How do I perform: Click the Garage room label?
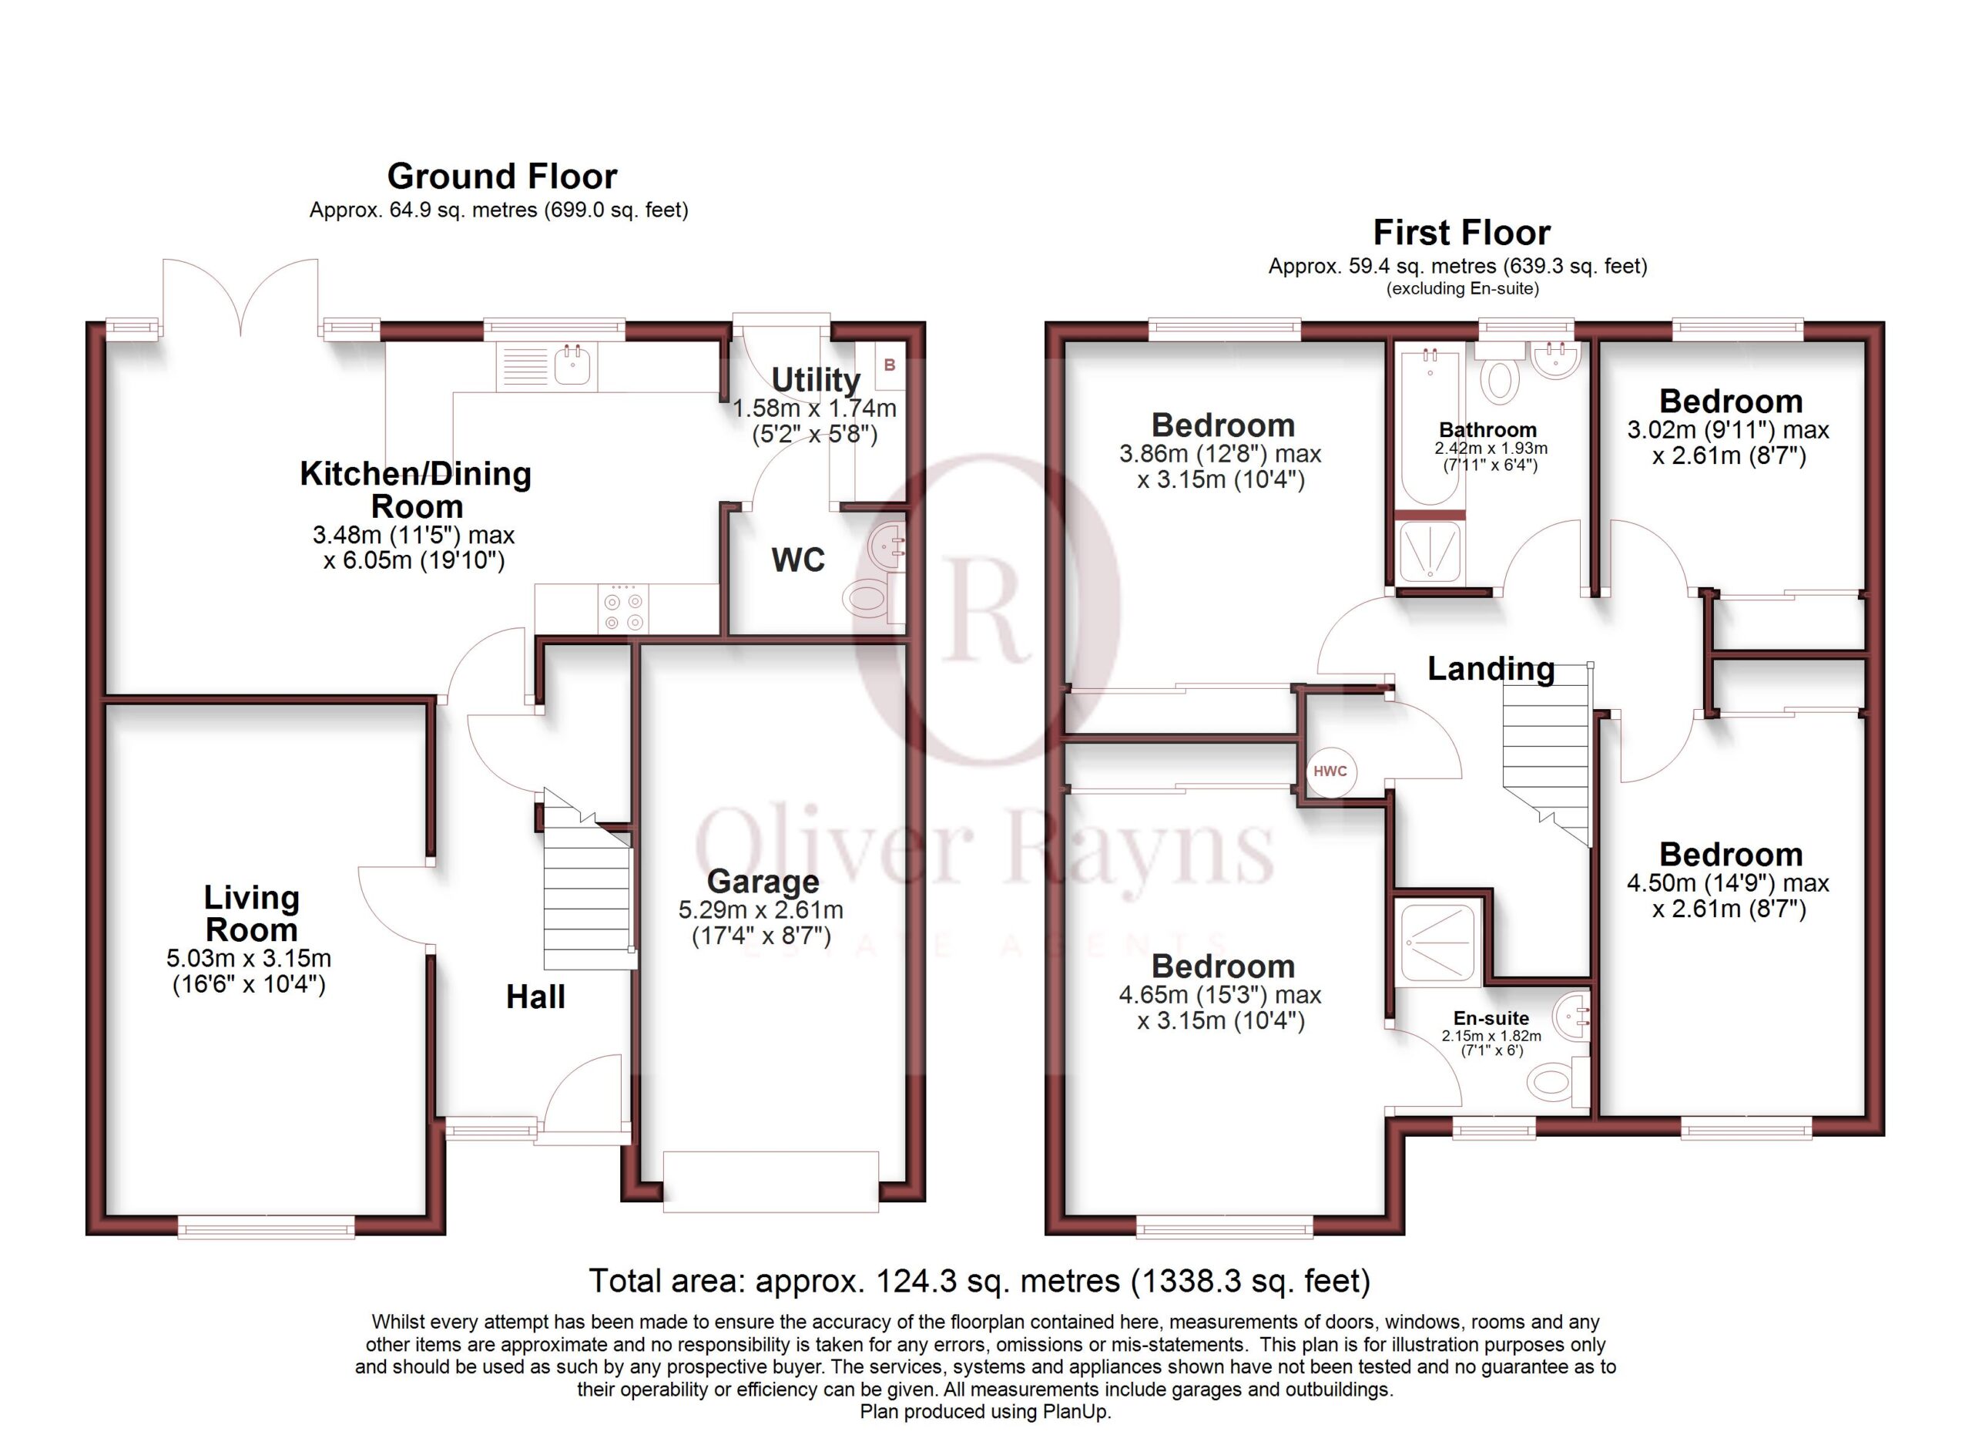pyautogui.click(x=763, y=881)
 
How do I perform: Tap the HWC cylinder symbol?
pyautogui.click(x=1330, y=771)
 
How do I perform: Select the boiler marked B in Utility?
pyautogui.click(x=890, y=365)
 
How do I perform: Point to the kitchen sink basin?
pyautogui.click(x=572, y=365)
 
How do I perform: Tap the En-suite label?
pyautogui.click(x=1491, y=1018)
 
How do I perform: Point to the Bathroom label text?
pyautogui.click(x=1487, y=429)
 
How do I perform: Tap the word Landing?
pyautogui.click(x=1491, y=668)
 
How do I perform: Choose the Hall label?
pyautogui.click(x=535, y=996)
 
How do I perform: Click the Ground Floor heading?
pyautogui.click(x=501, y=176)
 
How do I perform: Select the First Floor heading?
pyautogui.click(x=1461, y=232)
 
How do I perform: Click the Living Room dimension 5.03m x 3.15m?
pyautogui.click(x=249, y=959)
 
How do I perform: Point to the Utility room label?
pyautogui.click(x=816, y=380)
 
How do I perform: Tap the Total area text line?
pyautogui.click(x=979, y=1281)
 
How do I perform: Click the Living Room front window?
pyautogui.click(x=266, y=1228)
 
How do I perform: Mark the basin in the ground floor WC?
pyautogui.click(x=887, y=546)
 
